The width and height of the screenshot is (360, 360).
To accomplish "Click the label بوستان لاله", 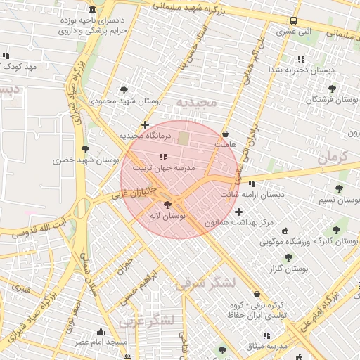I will (x=167, y=217).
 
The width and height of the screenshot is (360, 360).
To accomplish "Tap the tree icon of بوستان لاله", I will (x=167, y=205).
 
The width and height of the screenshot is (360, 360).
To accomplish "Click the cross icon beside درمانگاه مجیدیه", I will (x=146, y=124).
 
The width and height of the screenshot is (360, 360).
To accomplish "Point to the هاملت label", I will (x=224, y=143).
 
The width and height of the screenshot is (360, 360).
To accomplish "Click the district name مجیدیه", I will (x=198, y=103).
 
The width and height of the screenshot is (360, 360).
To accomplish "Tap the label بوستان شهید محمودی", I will (x=125, y=101).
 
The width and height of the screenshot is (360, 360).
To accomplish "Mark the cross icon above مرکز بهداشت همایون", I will (x=238, y=212).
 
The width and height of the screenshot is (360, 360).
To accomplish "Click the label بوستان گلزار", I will (x=289, y=268).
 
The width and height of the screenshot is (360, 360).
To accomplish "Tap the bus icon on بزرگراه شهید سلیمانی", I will (x=293, y=20).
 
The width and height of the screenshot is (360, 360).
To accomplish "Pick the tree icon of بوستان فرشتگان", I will (x=332, y=89).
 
